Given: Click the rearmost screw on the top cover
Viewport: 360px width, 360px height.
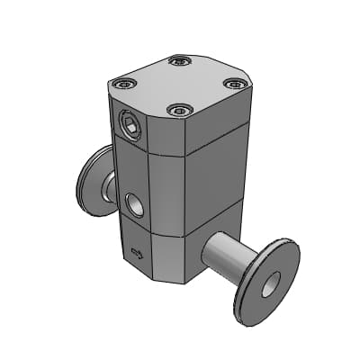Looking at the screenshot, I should click(180, 61).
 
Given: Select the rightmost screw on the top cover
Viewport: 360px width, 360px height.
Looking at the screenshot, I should click(233, 84).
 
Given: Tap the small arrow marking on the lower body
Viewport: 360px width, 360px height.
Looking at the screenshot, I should click(137, 253).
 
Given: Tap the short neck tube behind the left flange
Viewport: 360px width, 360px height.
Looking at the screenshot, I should click(108, 187).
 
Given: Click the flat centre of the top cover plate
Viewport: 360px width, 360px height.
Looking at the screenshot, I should click(179, 85).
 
